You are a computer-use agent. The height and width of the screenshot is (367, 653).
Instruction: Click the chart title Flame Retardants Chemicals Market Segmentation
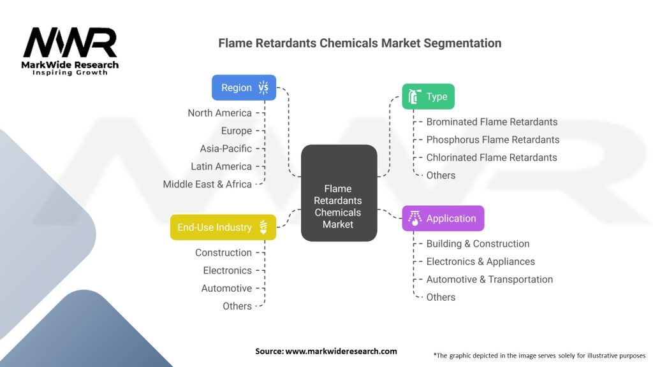click(360, 43)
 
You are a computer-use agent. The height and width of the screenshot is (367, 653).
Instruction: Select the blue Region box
click(244, 88)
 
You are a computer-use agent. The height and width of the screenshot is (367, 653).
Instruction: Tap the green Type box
click(428, 97)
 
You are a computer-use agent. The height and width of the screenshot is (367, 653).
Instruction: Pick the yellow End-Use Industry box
click(223, 227)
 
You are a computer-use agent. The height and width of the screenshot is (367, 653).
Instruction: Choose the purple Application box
click(443, 219)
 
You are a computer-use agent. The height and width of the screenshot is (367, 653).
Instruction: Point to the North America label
click(219, 113)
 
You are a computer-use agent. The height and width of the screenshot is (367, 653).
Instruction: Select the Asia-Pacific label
click(226, 148)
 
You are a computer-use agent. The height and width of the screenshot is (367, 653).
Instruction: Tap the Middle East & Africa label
click(207, 184)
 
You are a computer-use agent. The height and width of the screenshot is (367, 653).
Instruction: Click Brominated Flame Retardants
click(492, 122)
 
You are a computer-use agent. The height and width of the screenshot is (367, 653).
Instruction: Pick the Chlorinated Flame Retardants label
click(492, 157)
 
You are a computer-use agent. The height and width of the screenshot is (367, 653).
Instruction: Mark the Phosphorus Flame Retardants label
click(493, 140)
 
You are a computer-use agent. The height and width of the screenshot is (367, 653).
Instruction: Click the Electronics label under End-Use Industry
click(227, 270)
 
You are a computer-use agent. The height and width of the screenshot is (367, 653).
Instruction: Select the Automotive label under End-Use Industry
click(226, 288)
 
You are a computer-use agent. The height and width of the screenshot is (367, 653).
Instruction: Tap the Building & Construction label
click(478, 243)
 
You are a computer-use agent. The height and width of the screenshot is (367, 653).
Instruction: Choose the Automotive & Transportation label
click(489, 279)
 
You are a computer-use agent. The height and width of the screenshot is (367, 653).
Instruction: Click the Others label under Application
click(441, 297)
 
